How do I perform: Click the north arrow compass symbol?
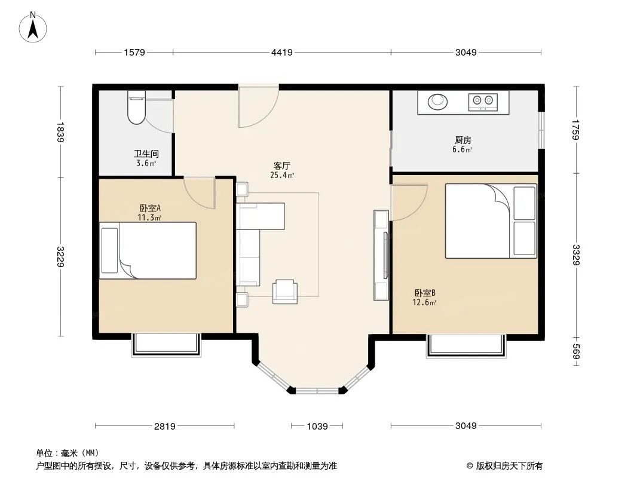33,27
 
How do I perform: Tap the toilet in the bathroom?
136,107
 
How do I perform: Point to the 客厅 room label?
281,166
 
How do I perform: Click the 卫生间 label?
146,154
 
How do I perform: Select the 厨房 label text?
463,140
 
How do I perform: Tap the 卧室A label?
150,208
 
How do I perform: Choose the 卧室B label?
425,293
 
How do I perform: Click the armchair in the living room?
285,292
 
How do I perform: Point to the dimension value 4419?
282,53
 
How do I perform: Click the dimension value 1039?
317,426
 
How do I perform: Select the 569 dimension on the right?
575,352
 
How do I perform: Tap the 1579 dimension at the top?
134,53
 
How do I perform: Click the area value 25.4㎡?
282,176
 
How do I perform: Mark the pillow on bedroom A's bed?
109,250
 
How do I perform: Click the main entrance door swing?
258,106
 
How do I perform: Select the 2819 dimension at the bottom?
164,426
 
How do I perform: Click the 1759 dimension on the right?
575,130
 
